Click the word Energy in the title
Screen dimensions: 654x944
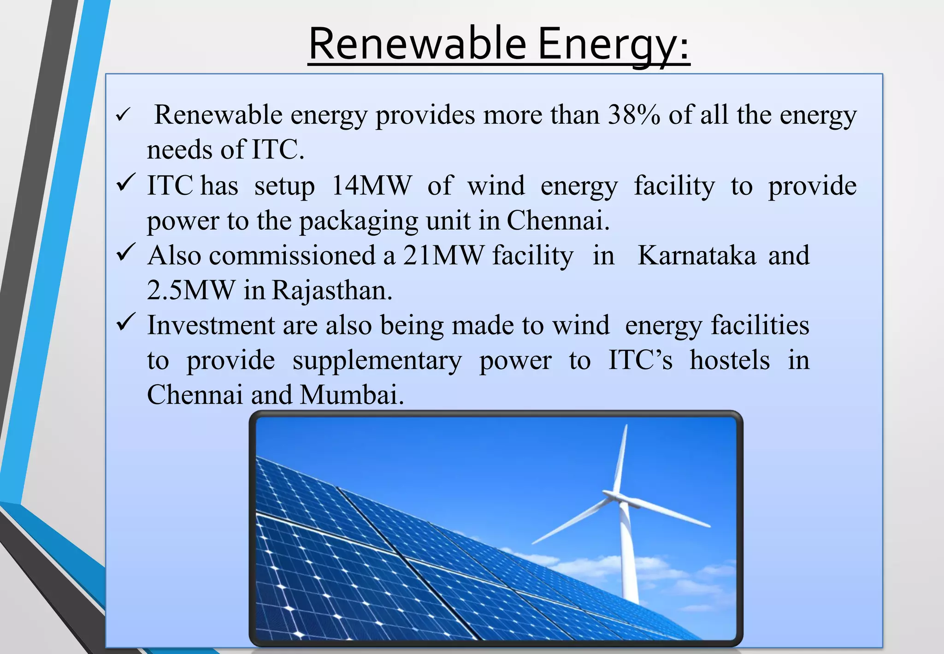(x=614, y=45)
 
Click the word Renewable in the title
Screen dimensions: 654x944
(x=417, y=44)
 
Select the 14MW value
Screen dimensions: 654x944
(x=371, y=186)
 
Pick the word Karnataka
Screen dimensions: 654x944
(x=696, y=256)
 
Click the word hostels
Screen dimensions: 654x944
(x=729, y=360)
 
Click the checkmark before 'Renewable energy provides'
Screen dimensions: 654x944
(x=124, y=115)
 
